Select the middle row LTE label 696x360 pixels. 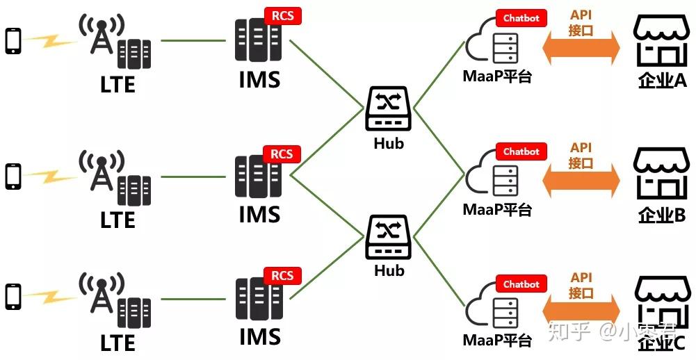tap(118, 220)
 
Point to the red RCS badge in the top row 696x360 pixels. tap(282, 15)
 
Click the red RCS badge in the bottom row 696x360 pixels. tap(282, 276)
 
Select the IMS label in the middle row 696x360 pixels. tap(259, 214)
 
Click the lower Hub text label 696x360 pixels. tap(389, 271)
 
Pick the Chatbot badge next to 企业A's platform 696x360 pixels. tap(521, 18)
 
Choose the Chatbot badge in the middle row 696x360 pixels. tap(521, 152)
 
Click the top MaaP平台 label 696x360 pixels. tap(497, 76)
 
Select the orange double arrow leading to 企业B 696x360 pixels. tap(581, 181)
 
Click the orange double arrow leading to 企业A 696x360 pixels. tap(581, 49)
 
